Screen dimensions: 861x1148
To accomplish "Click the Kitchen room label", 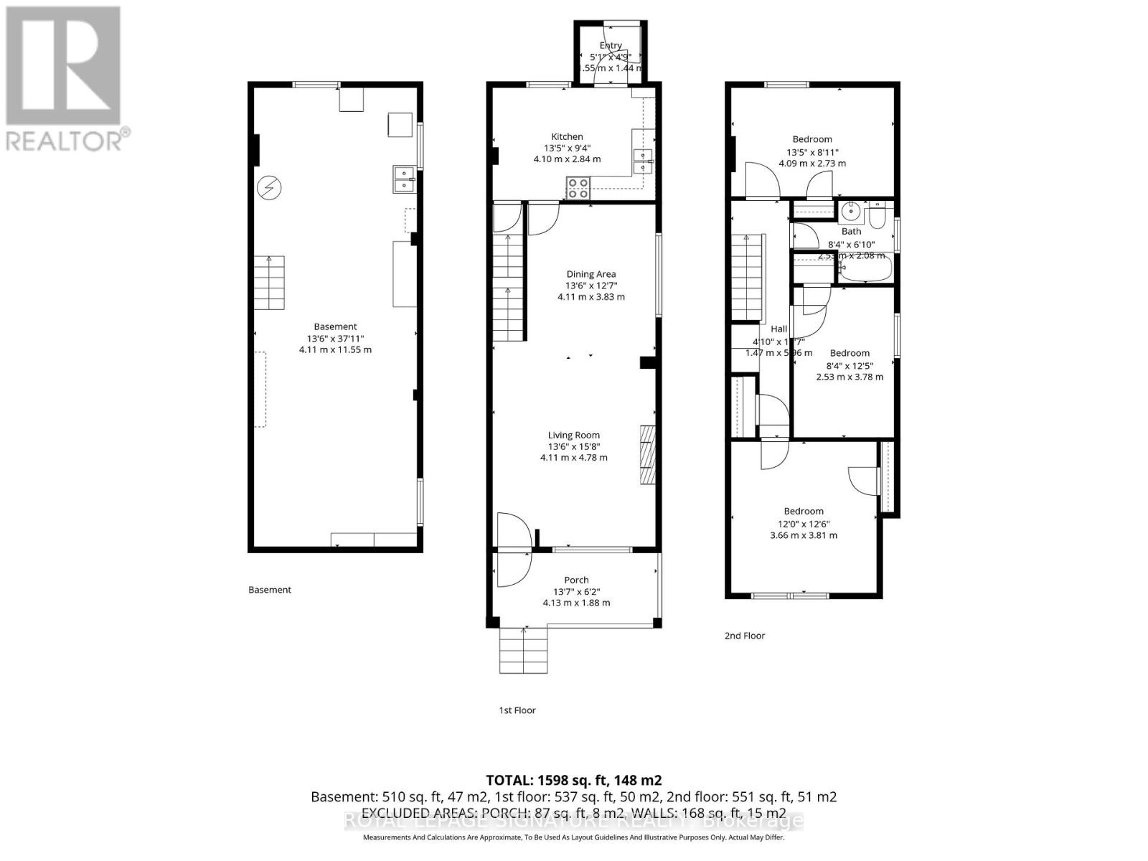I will [567, 136].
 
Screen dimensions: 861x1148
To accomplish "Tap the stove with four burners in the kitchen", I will [578, 188].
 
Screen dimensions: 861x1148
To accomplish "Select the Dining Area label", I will [591, 273].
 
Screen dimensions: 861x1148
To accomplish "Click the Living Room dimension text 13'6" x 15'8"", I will [573, 446].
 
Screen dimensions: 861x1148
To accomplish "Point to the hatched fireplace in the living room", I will [648, 455].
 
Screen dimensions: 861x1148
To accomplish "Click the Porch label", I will [576, 580].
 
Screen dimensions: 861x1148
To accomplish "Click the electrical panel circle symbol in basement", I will [270, 188].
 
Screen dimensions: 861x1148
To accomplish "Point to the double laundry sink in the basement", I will [404, 179].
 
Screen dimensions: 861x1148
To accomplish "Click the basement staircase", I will [270, 282].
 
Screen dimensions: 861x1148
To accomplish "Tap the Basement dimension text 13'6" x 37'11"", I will [335, 339].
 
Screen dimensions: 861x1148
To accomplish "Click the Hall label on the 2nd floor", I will [778, 329].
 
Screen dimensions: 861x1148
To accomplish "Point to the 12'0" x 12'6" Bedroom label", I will [803, 511].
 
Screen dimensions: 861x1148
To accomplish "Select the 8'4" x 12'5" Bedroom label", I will [850, 353].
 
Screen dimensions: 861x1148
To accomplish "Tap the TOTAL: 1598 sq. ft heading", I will [573, 780].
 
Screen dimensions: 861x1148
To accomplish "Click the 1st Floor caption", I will [517, 710].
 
